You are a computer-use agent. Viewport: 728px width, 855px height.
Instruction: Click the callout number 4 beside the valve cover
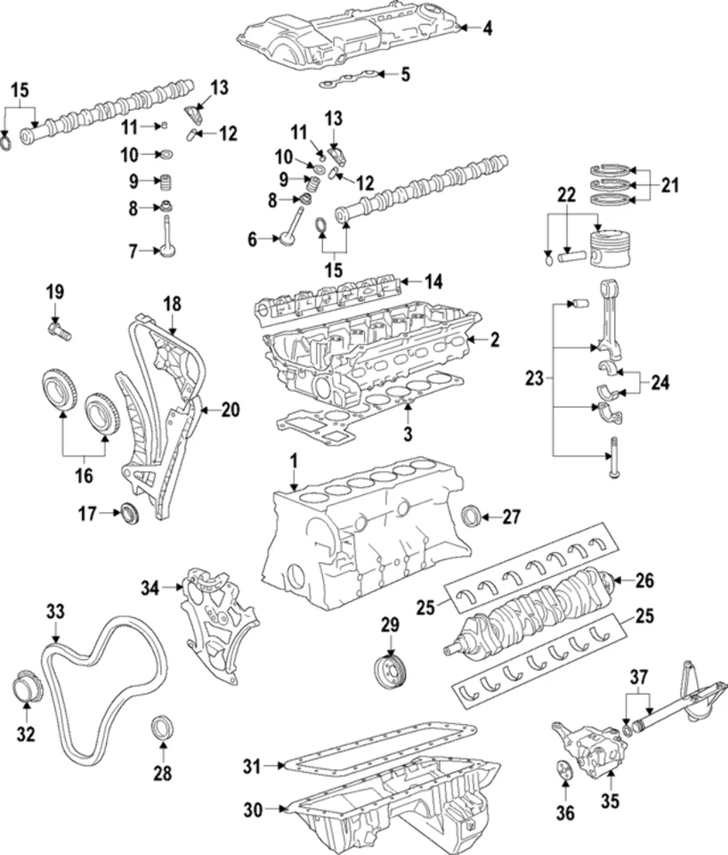pyautogui.click(x=487, y=28)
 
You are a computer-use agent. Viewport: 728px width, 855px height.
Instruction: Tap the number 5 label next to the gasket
pyautogui.click(x=405, y=74)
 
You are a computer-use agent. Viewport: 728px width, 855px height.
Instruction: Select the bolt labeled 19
pyautogui.click(x=59, y=332)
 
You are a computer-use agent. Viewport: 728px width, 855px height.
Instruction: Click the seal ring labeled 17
pyautogui.click(x=132, y=513)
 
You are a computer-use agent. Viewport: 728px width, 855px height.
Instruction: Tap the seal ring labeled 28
pyautogui.click(x=161, y=727)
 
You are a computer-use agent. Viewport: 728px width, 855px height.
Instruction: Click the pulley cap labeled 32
pyautogui.click(x=27, y=690)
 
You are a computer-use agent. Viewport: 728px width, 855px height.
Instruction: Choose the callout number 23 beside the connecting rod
pyautogui.click(x=533, y=379)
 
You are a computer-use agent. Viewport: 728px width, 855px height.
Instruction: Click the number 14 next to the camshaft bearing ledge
pyautogui.click(x=433, y=282)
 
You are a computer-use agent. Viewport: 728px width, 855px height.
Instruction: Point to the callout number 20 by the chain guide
pyautogui.click(x=231, y=411)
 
